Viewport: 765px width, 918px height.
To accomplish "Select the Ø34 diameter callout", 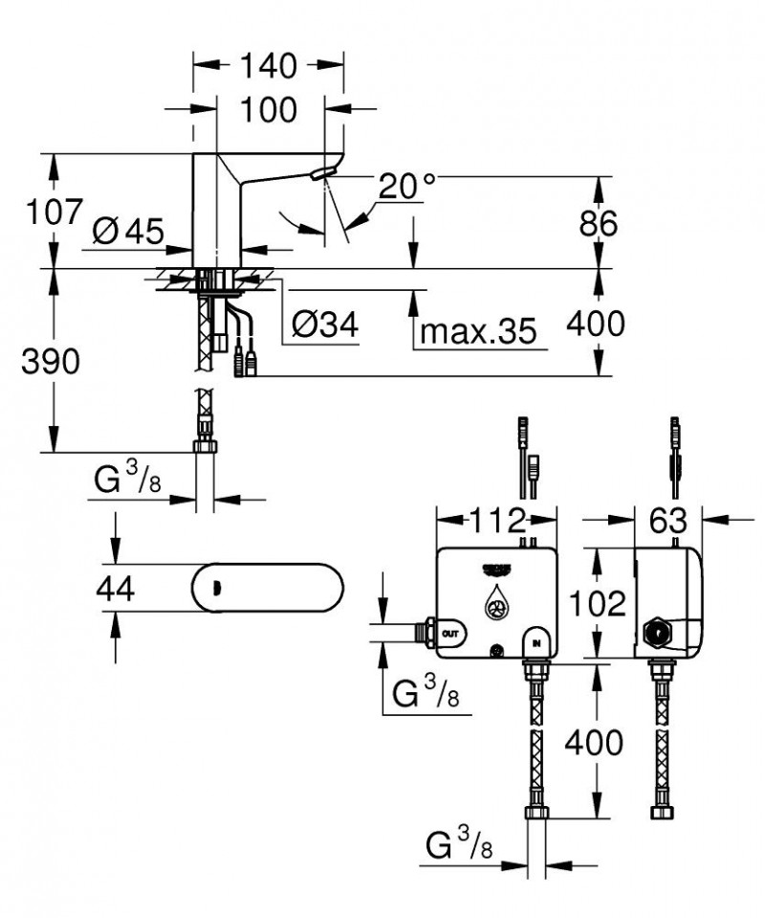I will [323, 327].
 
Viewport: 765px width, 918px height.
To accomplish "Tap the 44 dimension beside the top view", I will [116, 588].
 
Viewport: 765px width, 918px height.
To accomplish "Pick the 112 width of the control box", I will [496, 521].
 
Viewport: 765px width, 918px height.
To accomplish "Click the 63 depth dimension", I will [668, 521].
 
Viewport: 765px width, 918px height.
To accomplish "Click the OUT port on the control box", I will [450, 633].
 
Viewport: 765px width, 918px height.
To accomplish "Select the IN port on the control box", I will [535, 640].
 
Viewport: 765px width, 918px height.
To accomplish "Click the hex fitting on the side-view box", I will [658, 633].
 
